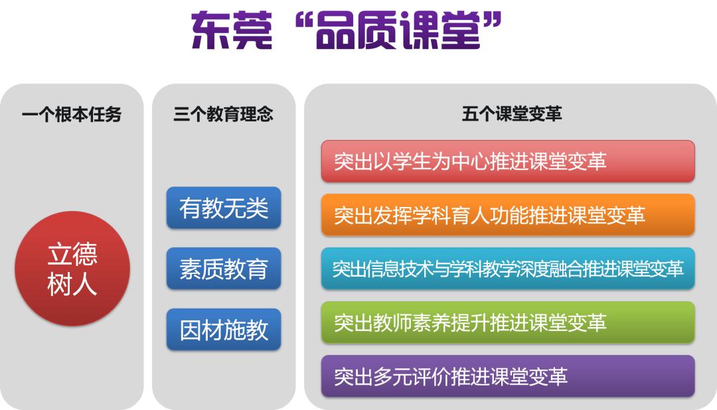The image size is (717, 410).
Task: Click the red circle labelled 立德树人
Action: pyautogui.click(x=72, y=268)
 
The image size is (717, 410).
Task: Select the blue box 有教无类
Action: pyautogui.click(x=224, y=208)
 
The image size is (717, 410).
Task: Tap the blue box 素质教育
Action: pyautogui.click(x=224, y=269)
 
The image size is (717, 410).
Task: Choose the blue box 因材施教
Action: pyautogui.click(x=224, y=330)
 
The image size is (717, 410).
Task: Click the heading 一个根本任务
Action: pyautogui.click(x=72, y=114)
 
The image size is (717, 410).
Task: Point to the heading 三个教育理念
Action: pyautogui.click(x=224, y=114)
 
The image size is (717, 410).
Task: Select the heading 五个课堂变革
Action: pyautogui.click(x=511, y=114)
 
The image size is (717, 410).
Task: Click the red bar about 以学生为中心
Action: pyautogui.click(x=508, y=161)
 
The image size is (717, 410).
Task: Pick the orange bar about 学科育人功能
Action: pyautogui.click(x=508, y=215)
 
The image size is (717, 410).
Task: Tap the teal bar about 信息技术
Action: pyautogui.click(x=508, y=269)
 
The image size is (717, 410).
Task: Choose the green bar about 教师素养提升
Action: pyautogui.click(x=508, y=322)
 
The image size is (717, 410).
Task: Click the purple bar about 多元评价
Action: pyautogui.click(x=508, y=376)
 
